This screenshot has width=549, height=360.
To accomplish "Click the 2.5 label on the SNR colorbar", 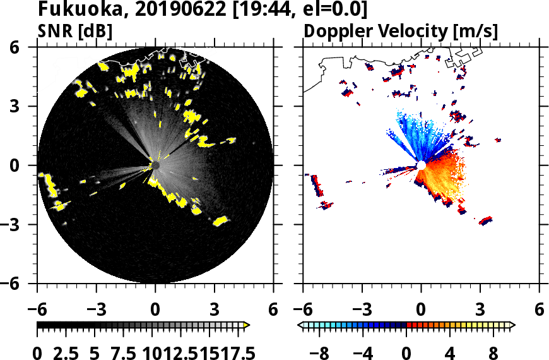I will pos(65,352).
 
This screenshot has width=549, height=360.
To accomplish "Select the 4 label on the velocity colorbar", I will pos(451,352).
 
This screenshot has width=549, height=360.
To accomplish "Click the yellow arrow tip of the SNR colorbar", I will pos(247,325).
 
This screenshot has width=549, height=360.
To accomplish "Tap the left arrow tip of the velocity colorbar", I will pos(302,325).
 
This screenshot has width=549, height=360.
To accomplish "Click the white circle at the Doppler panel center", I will pos(421,165).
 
